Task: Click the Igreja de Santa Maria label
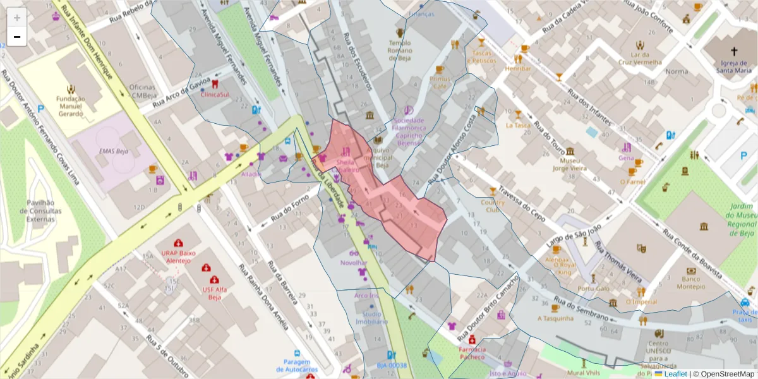(x=734, y=66)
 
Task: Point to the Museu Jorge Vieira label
(x=571, y=165)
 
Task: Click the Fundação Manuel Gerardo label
(x=70, y=106)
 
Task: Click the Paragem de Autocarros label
(x=296, y=366)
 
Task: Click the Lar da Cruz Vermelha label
(x=640, y=58)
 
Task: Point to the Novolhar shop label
(x=353, y=262)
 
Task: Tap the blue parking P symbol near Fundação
(x=41, y=109)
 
